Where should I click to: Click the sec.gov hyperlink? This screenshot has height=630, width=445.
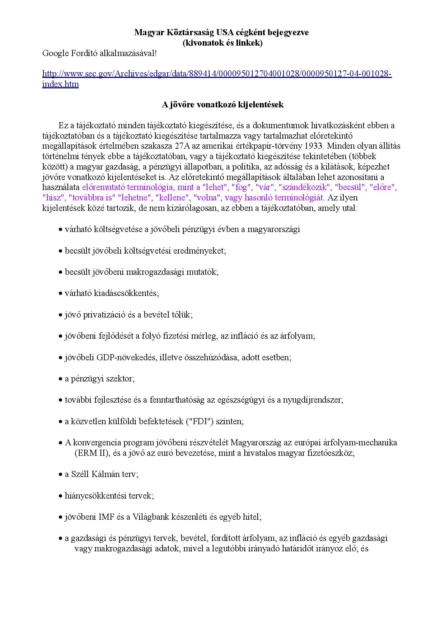pyautogui.click(x=217, y=74)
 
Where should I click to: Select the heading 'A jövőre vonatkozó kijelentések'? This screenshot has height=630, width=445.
pyautogui.click(x=222, y=105)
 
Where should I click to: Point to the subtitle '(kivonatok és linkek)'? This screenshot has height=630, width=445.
pyautogui.click(x=222, y=43)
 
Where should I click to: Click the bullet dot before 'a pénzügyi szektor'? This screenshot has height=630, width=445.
pyautogui.click(x=61, y=379)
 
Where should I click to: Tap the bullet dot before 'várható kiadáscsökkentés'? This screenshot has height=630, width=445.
pyautogui.click(x=61, y=294)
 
